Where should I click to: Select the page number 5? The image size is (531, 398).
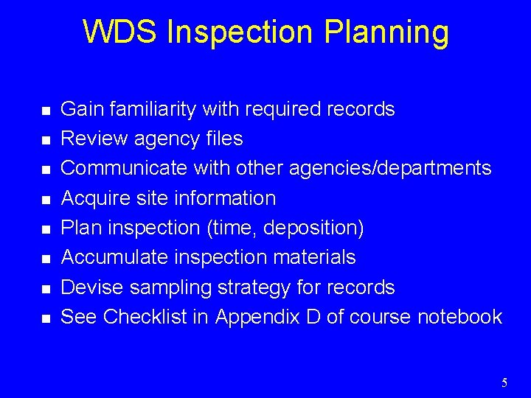(504, 383)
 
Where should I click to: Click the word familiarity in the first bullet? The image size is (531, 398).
(151, 110)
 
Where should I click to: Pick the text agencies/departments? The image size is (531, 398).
(390, 169)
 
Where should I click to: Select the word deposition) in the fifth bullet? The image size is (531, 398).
(319, 228)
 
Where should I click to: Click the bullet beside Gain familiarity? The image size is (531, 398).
(46, 111)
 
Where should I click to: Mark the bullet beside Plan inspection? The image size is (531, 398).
(46, 229)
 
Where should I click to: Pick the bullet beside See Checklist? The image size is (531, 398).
(46, 318)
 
